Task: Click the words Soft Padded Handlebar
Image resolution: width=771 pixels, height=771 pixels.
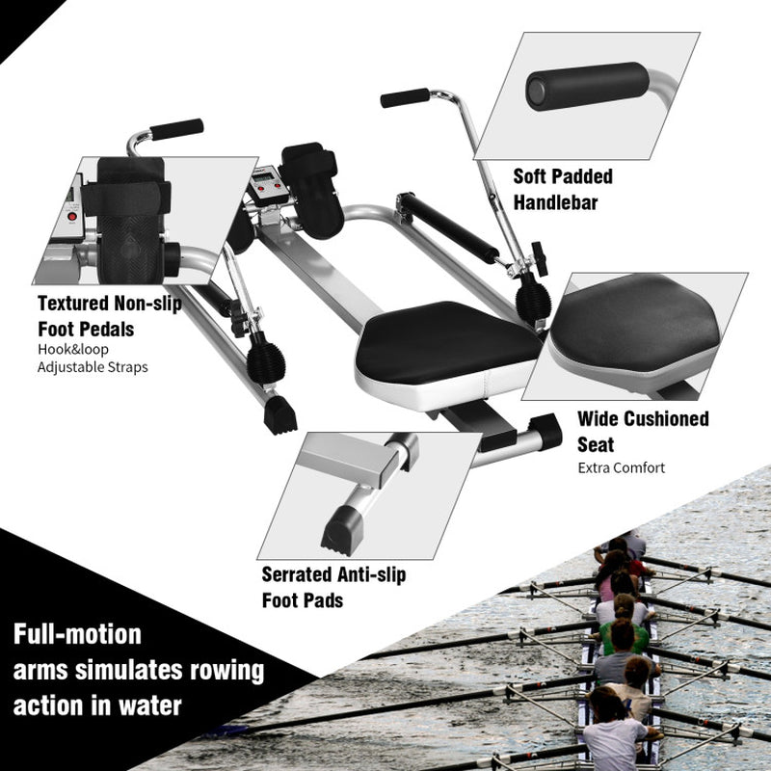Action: [x=563, y=189]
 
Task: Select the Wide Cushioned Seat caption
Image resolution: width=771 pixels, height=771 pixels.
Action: [x=643, y=432]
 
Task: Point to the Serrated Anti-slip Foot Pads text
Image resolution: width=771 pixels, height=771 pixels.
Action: [x=333, y=587]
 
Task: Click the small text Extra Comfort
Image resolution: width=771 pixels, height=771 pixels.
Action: [x=622, y=468]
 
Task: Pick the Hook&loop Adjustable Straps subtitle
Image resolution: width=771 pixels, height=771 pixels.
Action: [x=93, y=359]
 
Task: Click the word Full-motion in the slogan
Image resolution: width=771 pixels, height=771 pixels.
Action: [x=77, y=635]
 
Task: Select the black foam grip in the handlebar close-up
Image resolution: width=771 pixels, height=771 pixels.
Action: [x=587, y=86]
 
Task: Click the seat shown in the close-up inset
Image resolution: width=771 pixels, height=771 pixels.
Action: [x=636, y=323]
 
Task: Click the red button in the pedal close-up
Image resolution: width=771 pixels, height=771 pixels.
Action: [x=69, y=219]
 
